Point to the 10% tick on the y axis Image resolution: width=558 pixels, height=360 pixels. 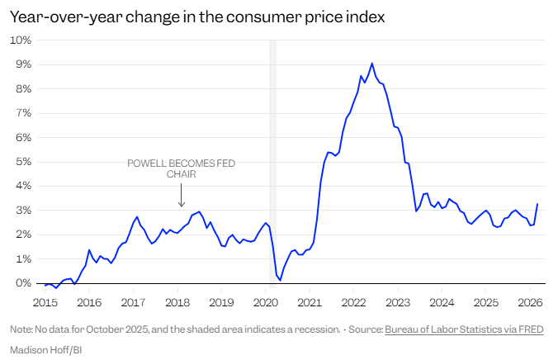pos(21,40)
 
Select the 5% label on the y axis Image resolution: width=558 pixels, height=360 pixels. pos(23,162)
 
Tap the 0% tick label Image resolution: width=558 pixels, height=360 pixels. pos(23,283)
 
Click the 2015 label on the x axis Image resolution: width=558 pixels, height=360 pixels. pos(45,301)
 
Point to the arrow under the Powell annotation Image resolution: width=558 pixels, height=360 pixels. pos(182,197)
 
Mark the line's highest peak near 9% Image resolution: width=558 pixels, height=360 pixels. pos(372,64)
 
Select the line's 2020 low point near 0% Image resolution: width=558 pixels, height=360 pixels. pos(280,280)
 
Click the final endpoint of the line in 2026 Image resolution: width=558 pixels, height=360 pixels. pos(537,204)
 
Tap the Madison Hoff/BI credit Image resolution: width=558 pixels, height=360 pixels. pos(45,349)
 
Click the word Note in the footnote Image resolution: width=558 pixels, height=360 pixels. pos(21,329)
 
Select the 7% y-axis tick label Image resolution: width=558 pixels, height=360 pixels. pos(23,113)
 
